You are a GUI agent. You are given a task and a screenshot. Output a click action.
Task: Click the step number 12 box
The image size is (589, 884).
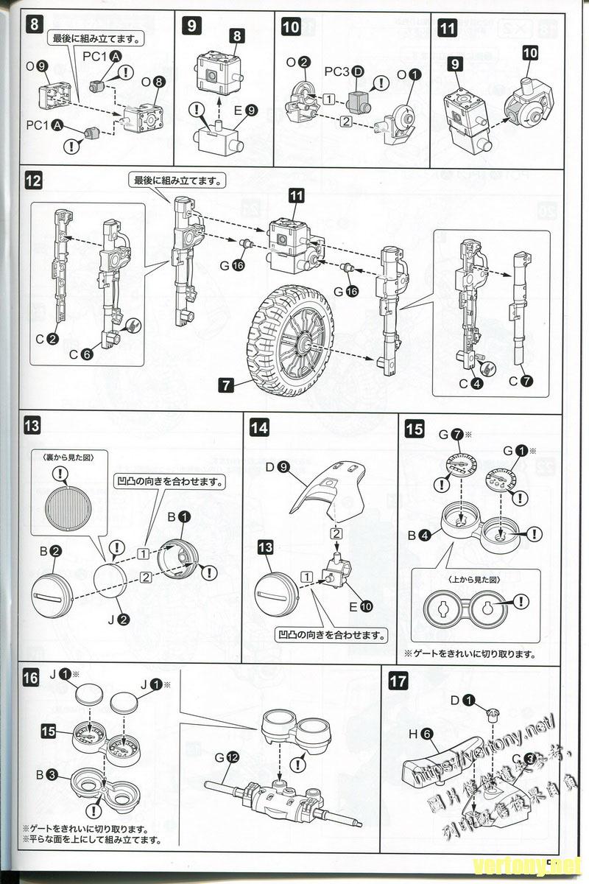coord(35,179)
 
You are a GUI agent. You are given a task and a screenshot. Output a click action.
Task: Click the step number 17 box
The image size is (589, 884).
coord(398,681)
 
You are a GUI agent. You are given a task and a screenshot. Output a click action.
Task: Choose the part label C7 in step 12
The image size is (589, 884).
coord(521,382)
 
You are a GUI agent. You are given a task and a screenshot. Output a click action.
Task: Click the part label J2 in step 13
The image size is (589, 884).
coord(118,619)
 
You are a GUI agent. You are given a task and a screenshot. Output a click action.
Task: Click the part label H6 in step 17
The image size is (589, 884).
coord(421,733)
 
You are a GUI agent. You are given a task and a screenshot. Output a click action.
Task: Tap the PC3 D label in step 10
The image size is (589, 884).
coord(344,73)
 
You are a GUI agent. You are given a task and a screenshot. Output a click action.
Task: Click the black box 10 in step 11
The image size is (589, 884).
coord(531,52)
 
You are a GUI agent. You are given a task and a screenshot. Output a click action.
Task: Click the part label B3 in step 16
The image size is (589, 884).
coord(52,774)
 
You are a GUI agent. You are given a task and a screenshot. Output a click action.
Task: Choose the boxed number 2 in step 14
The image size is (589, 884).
coord(336,533)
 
